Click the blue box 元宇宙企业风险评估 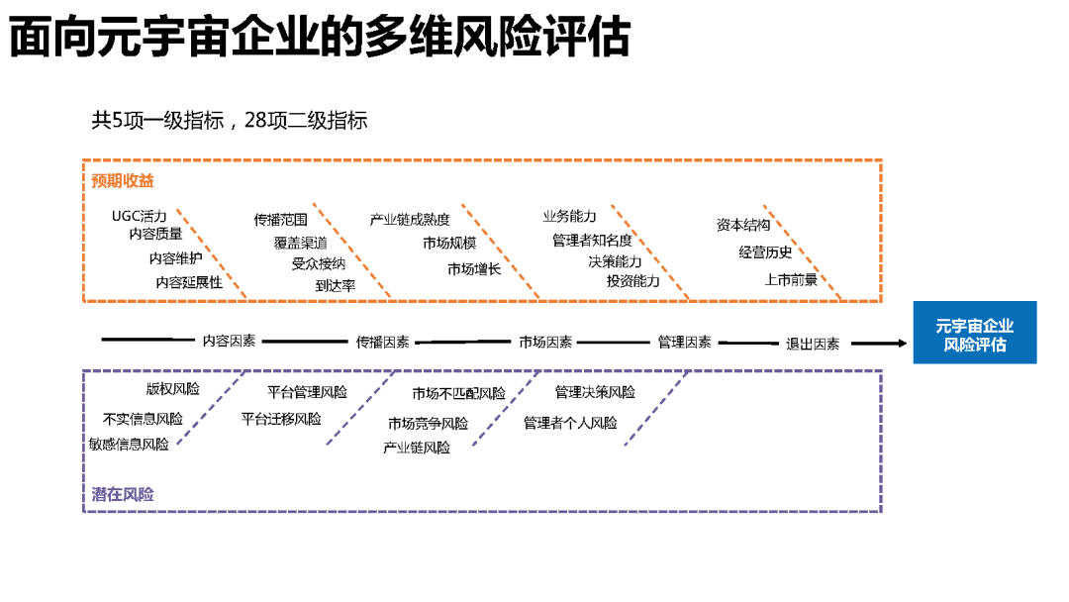click(x=974, y=335)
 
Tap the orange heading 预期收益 click(x=123, y=181)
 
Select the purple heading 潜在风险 click(x=123, y=494)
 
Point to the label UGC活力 click(x=140, y=216)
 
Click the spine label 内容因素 click(x=229, y=341)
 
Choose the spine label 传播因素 click(x=383, y=342)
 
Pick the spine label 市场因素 click(x=545, y=342)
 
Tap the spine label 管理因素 click(x=684, y=342)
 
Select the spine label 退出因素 click(x=813, y=344)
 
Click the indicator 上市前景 click(x=791, y=280)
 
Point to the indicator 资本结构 click(x=743, y=225)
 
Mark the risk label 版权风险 click(x=172, y=389)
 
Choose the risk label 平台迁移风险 click(x=281, y=419)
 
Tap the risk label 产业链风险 click(x=417, y=448)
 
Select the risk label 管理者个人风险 click(x=570, y=423)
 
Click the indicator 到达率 click(x=336, y=285)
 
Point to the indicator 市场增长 click(x=474, y=268)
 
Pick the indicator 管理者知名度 click(x=592, y=241)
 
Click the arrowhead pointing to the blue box click(x=902, y=344)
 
